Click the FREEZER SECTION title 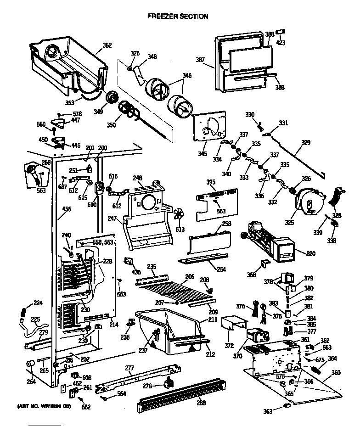coord(178,16)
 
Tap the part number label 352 coord(107,45)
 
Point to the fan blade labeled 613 coord(180,215)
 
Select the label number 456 coord(67,209)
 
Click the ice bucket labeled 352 coord(69,62)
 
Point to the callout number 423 coord(280,43)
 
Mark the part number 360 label coord(336,372)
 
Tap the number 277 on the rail coord(129,367)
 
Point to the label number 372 coord(229,345)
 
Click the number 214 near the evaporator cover coord(113,325)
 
